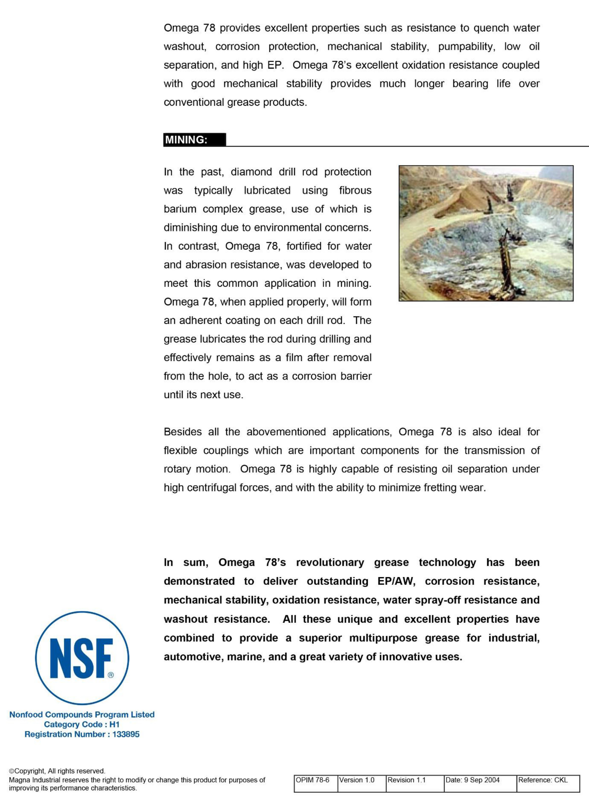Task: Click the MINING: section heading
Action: pyautogui.click(x=186, y=139)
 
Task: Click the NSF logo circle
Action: pyautogui.click(x=82, y=658)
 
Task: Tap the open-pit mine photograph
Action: pyautogui.click(x=486, y=233)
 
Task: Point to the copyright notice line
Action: pyautogui.click(x=57, y=771)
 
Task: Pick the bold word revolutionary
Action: pyautogui.click(x=330, y=562)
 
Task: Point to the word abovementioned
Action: pyautogui.click(x=286, y=432)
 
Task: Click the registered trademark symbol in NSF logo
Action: pyautogui.click(x=110, y=675)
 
